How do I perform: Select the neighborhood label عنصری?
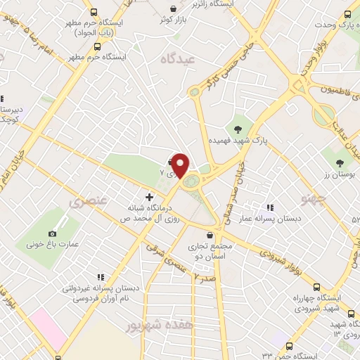tap(88, 201)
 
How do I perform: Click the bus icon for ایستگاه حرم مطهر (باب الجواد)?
tap(93, 12)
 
